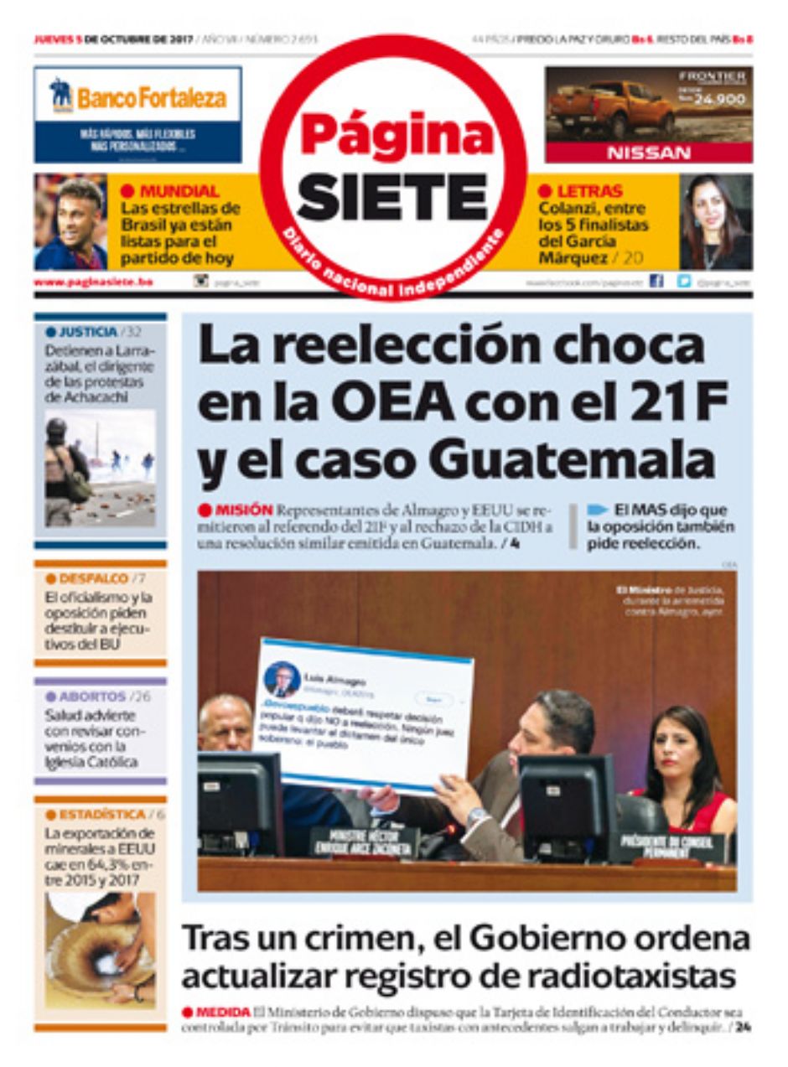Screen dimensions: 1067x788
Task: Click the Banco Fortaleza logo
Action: coord(138,98)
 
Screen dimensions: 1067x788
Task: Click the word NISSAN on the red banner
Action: coord(649,153)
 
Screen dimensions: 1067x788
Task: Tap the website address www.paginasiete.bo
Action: coord(93,282)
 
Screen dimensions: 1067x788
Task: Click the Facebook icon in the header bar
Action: coord(656,282)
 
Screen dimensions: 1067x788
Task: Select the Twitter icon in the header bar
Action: coord(684,282)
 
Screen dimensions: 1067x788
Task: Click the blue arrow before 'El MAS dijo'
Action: coord(597,509)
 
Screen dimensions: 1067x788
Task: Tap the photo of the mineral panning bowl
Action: coord(100,949)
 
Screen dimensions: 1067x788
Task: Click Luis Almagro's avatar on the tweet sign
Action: coord(283,678)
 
